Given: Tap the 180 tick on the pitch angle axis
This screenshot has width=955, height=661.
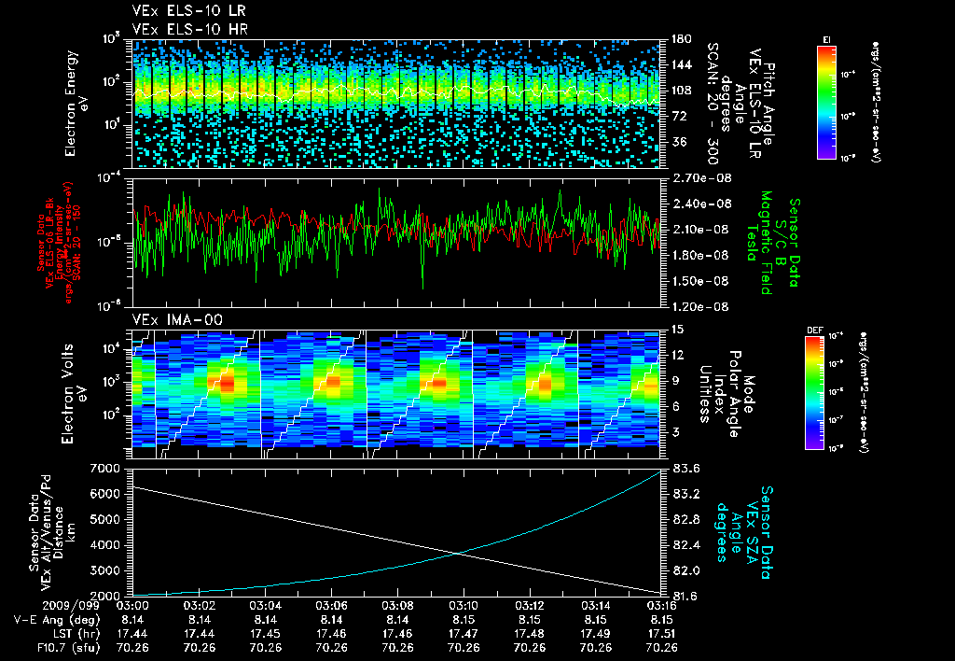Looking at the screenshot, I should [x=681, y=39].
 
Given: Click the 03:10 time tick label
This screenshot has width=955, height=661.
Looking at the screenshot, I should [x=464, y=607].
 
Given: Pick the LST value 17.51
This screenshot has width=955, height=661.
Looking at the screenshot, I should [x=661, y=633].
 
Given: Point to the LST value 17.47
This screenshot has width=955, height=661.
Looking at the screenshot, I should [x=464, y=633].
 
